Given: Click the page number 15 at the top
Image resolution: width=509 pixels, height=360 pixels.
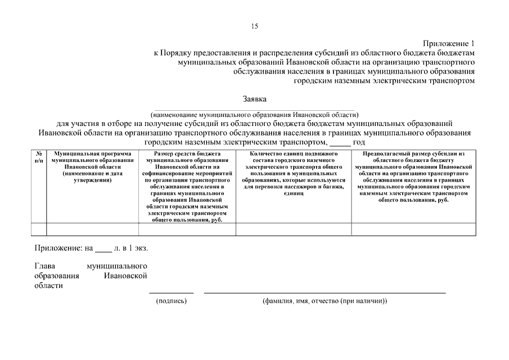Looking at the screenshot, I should point(254,26).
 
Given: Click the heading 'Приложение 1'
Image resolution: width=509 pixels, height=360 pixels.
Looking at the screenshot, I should point(449,43).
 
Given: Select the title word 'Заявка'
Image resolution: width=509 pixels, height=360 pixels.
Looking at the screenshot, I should point(254,99).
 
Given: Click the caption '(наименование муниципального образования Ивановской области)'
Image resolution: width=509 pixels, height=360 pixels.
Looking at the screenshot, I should point(254,114).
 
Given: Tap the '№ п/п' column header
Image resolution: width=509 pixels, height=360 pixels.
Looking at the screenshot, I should point(39,157).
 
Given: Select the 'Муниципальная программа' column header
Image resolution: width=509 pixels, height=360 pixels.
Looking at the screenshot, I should point(92,166).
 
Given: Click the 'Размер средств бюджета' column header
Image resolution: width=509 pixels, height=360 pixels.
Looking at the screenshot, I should point(187,186).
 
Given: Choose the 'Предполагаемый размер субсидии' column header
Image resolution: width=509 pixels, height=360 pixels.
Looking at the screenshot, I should point(413,177).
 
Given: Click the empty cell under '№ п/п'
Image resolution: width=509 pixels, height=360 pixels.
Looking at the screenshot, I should point(39,229).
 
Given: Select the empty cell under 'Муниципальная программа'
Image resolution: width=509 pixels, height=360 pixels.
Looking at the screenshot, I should point(92,229).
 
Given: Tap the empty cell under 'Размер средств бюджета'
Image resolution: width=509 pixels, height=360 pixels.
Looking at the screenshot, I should point(187,229).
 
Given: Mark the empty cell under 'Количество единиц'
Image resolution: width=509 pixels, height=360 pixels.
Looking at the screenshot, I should point(293,229).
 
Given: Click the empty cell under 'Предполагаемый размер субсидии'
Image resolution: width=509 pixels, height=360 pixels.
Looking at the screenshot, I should point(413,229).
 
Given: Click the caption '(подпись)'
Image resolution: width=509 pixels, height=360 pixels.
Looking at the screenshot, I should point(171,301).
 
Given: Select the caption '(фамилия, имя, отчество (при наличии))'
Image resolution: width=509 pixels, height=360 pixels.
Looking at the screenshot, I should point(325,301).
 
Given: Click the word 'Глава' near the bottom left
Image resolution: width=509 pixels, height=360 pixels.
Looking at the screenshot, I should point(44,265).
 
